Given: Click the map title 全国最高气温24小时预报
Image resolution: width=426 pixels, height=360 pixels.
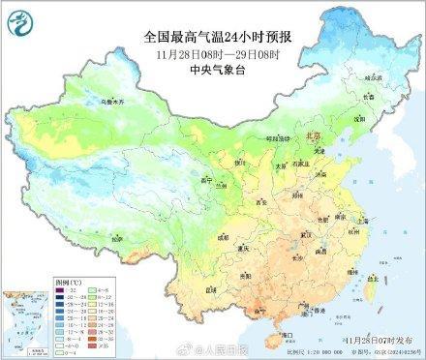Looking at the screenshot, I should pos(213,36).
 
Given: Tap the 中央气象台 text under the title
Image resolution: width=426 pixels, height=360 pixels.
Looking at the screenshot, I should pos(212,70).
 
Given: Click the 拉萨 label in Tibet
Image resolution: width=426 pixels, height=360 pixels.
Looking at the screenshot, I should pos(117,238).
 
